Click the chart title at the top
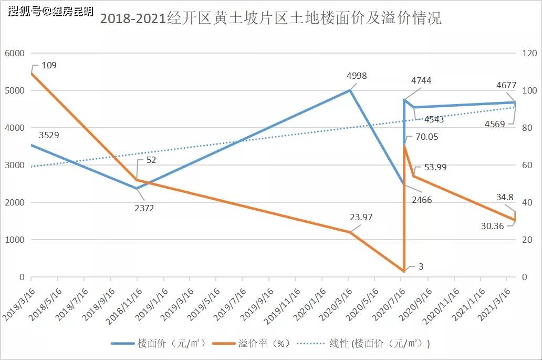click(x=270, y=19)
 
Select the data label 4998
click(x=357, y=76)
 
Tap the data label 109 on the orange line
click(x=49, y=65)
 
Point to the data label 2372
click(x=144, y=208)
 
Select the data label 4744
click(x=421, y=80)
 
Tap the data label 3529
click(x=49, y=135)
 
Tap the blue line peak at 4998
click(x=350, y=90)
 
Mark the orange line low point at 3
click(x=403, y=271)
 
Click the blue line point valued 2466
click(x=403, y=185)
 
